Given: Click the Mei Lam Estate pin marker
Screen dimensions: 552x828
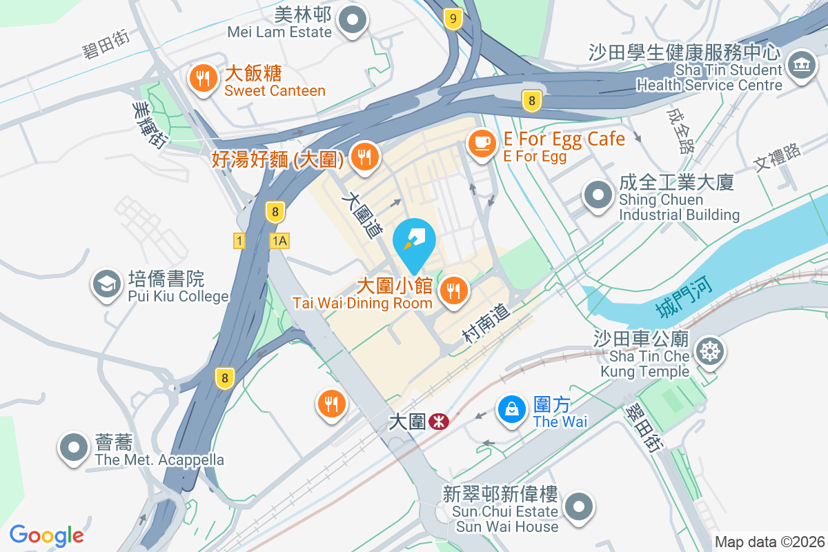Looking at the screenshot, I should coord(354,19).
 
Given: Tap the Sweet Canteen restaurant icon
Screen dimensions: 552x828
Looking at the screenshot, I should coord(202,79).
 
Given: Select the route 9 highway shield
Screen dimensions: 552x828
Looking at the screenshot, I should coord(453,19).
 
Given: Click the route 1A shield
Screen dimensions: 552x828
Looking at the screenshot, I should coord(279,241).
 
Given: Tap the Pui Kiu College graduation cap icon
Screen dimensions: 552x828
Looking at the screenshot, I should coord(106,284).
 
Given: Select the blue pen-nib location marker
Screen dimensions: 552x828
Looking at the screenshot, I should coord(414,241).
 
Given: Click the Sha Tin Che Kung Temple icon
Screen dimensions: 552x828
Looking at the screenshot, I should coord(709,353).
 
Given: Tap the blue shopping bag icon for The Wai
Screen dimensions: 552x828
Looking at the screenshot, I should coord(512,409).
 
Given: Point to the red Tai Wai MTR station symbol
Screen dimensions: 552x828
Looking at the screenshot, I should coord(437,421).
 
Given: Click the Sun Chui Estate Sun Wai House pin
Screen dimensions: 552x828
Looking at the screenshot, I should coord(578,506).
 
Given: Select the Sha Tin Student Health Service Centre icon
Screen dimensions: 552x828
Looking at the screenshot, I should coord(801,66).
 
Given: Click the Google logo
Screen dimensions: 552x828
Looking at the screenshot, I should coord(46,535).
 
